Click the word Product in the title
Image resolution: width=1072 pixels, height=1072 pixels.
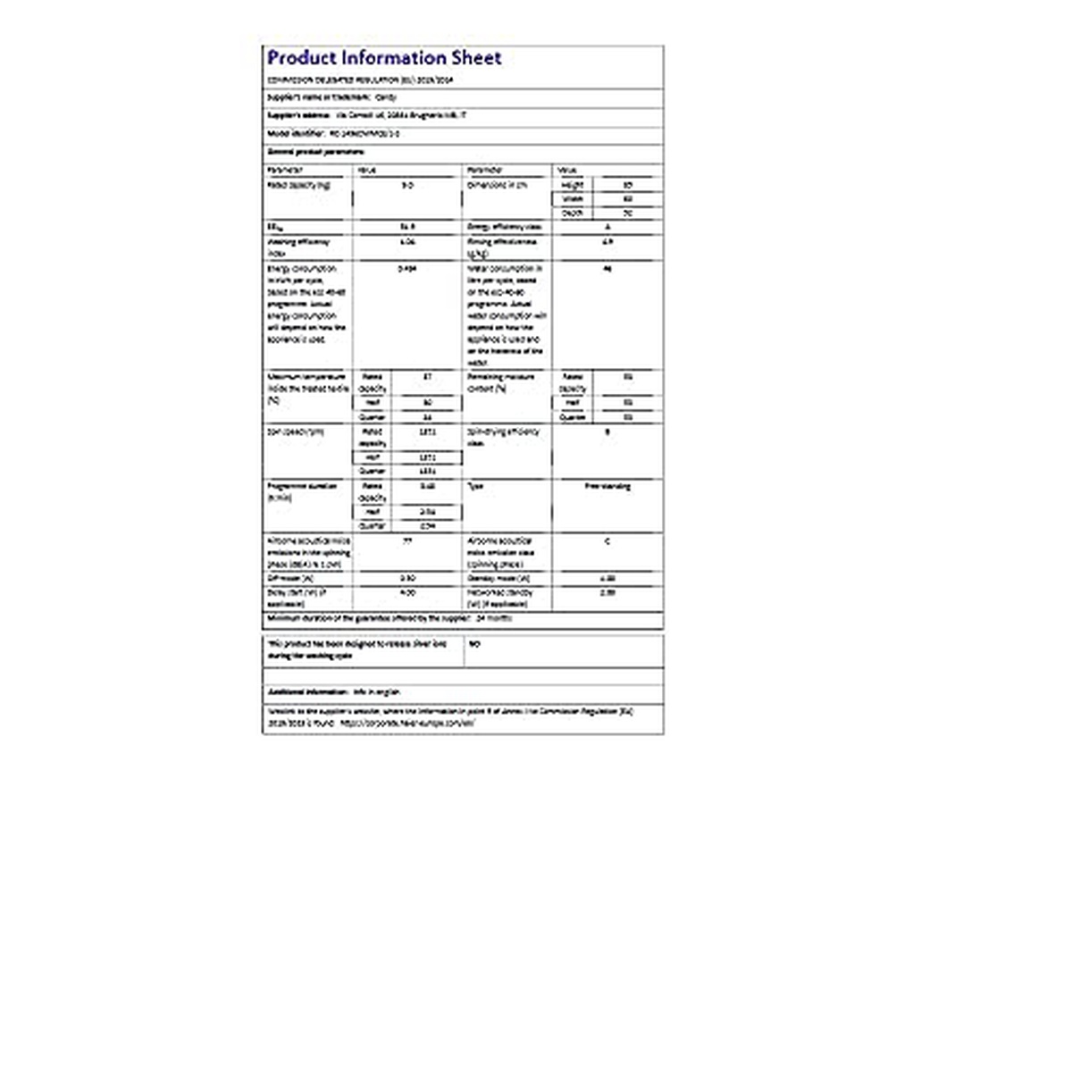[x=302, y=58]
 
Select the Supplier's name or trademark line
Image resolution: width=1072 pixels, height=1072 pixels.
[x=331, y=96]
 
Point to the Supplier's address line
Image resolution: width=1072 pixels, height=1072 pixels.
[x=366, y=115]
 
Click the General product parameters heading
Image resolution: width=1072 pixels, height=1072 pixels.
[x=303, y=152]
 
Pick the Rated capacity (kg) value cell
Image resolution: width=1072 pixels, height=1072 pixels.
[x=407, y=185]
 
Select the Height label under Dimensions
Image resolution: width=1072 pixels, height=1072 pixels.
[x=573, y=185]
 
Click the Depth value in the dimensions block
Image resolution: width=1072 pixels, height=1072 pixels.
[x=628, y=214]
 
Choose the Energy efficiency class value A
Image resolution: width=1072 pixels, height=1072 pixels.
[x=607, y=227]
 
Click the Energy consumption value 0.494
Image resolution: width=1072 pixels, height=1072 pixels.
[x=407, y=268]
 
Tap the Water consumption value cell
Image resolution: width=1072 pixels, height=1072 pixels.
[x=607, y=268]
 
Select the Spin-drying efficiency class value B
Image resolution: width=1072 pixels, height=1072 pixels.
[x=607, y=432]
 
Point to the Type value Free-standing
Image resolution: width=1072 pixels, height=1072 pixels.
[x=607, y=487]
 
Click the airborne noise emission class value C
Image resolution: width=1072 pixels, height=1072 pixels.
[x=607, y=541]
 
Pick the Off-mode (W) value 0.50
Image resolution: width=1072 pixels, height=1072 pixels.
[x=407, y=578]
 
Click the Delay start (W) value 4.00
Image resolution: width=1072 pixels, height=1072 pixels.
[x=407, y=592]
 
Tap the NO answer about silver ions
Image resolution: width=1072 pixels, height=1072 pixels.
[x=474, y=643]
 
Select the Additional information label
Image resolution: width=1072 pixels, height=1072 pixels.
[x=308, y=692]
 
